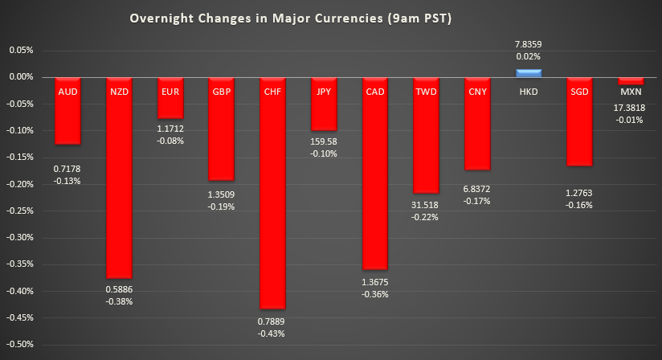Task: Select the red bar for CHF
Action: (273, 201)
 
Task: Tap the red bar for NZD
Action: (119, 185)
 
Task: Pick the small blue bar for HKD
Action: (529, 73)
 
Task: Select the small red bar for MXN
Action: (631, 81)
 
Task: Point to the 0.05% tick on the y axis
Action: (22, 50)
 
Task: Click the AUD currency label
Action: (68, 92)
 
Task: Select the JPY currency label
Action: (325, 92)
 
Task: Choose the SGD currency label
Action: (579, 92)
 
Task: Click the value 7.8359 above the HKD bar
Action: (529, 45)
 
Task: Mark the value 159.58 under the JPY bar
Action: (325, 142)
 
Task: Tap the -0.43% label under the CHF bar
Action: (273, 333)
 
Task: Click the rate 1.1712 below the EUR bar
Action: (170, 129)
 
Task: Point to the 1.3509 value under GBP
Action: (222, 193)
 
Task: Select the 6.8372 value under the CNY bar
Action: (477, 188)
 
